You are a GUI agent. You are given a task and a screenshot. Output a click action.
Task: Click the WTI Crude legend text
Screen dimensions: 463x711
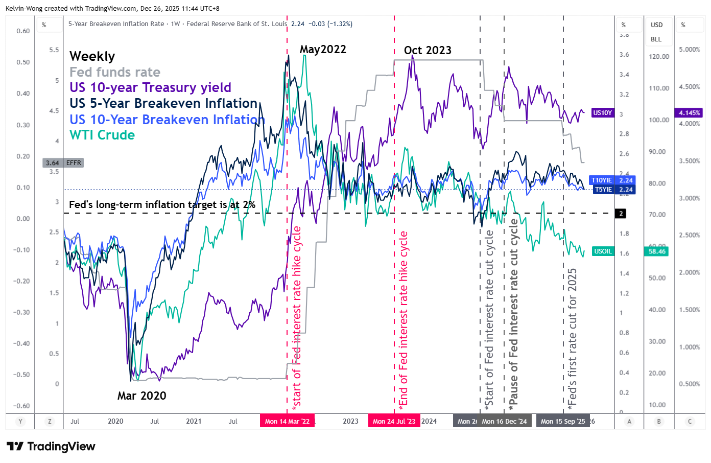pyautogui.click(x=102, y=135)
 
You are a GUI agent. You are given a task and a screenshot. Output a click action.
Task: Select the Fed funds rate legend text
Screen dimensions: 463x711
pyautogui.click(x=115, y=72)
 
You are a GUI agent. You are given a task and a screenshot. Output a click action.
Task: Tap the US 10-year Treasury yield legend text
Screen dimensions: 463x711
pyautogui.click(x=150, y=87)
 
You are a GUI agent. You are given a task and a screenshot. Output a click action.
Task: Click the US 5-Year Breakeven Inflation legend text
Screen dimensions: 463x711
pyautogui.click(x=163, y=103)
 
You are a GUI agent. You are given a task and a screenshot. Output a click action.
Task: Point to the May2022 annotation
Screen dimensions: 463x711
pyautogui.click(x=323, y=50)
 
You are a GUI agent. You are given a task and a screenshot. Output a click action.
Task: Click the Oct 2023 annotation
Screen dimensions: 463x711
pyautogui.click(x=428, y=50)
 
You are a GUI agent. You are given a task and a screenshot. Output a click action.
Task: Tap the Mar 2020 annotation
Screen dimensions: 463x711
pyautogui.click(x=141, y=396)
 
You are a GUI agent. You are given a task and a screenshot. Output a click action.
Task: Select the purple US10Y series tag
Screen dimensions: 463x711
pyautogui.click(x=602, y=113)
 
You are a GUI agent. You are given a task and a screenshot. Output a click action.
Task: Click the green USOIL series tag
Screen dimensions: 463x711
pyautogui.click(x=603, y=251)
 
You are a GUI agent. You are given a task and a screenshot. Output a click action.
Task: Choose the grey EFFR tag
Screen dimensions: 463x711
pyautogui.click(x=63, y=163)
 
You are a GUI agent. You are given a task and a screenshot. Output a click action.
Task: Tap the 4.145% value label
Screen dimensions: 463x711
pyautogui.click(x=689, y=113)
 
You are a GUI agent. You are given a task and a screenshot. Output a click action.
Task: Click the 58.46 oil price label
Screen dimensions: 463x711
pyautogui.click(x=657, y=251)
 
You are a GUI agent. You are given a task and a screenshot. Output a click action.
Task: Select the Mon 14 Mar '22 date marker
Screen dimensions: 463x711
pyautogui.click(x=287, y=422)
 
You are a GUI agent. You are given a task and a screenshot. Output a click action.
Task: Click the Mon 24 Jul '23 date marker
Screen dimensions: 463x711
pyautogui.click(x=394, y=422)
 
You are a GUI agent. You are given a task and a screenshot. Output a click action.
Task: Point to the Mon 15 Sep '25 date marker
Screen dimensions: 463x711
pyautogui.click(x=563, y=422)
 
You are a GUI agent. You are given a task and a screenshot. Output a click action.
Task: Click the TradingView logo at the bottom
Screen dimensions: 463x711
pyautogui.click(x=51, y=447)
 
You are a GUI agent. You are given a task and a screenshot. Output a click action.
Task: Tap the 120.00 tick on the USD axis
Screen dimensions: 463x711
pyautogui.click(x=658, y=57)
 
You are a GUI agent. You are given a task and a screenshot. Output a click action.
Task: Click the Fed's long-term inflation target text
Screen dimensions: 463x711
pyautogui.click(x=162, y=204)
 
